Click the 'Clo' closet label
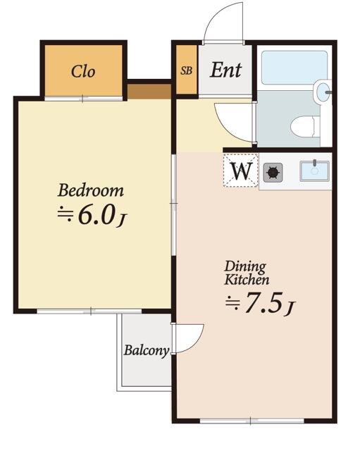pyautogui.click(x=82, y=72)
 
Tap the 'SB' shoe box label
pyautogui.click(x=186, y=70)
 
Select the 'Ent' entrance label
pyautogui.click(x=225, y=70)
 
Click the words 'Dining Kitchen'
pyautogui.click(x=245, y=273)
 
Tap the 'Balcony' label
pyautogui.click(x=147, y=350)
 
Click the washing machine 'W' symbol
pyautogui.click(x=242, y=171)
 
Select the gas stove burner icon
pyautogui.click(x=273, y=171)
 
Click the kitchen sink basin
pyautogui.click(x=314, y=171)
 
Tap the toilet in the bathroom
pyautogui.click(x=305, y=128)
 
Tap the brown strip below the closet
pyautogui.click(x=149, y=91)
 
